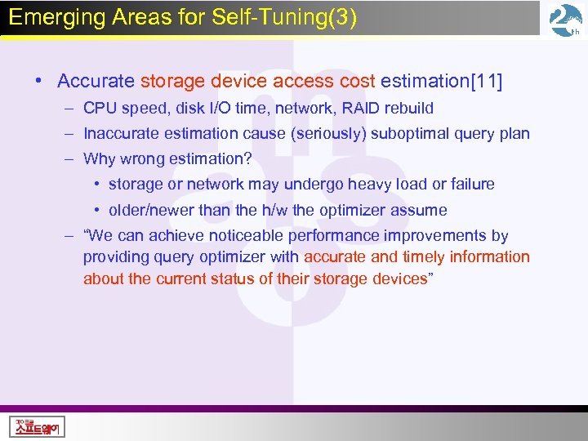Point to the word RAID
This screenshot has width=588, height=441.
pos(350,108)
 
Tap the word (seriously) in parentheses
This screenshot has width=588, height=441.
pos(323,134)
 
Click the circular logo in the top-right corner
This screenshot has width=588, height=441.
pos(565,21)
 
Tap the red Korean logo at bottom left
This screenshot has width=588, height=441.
pos(37,426)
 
